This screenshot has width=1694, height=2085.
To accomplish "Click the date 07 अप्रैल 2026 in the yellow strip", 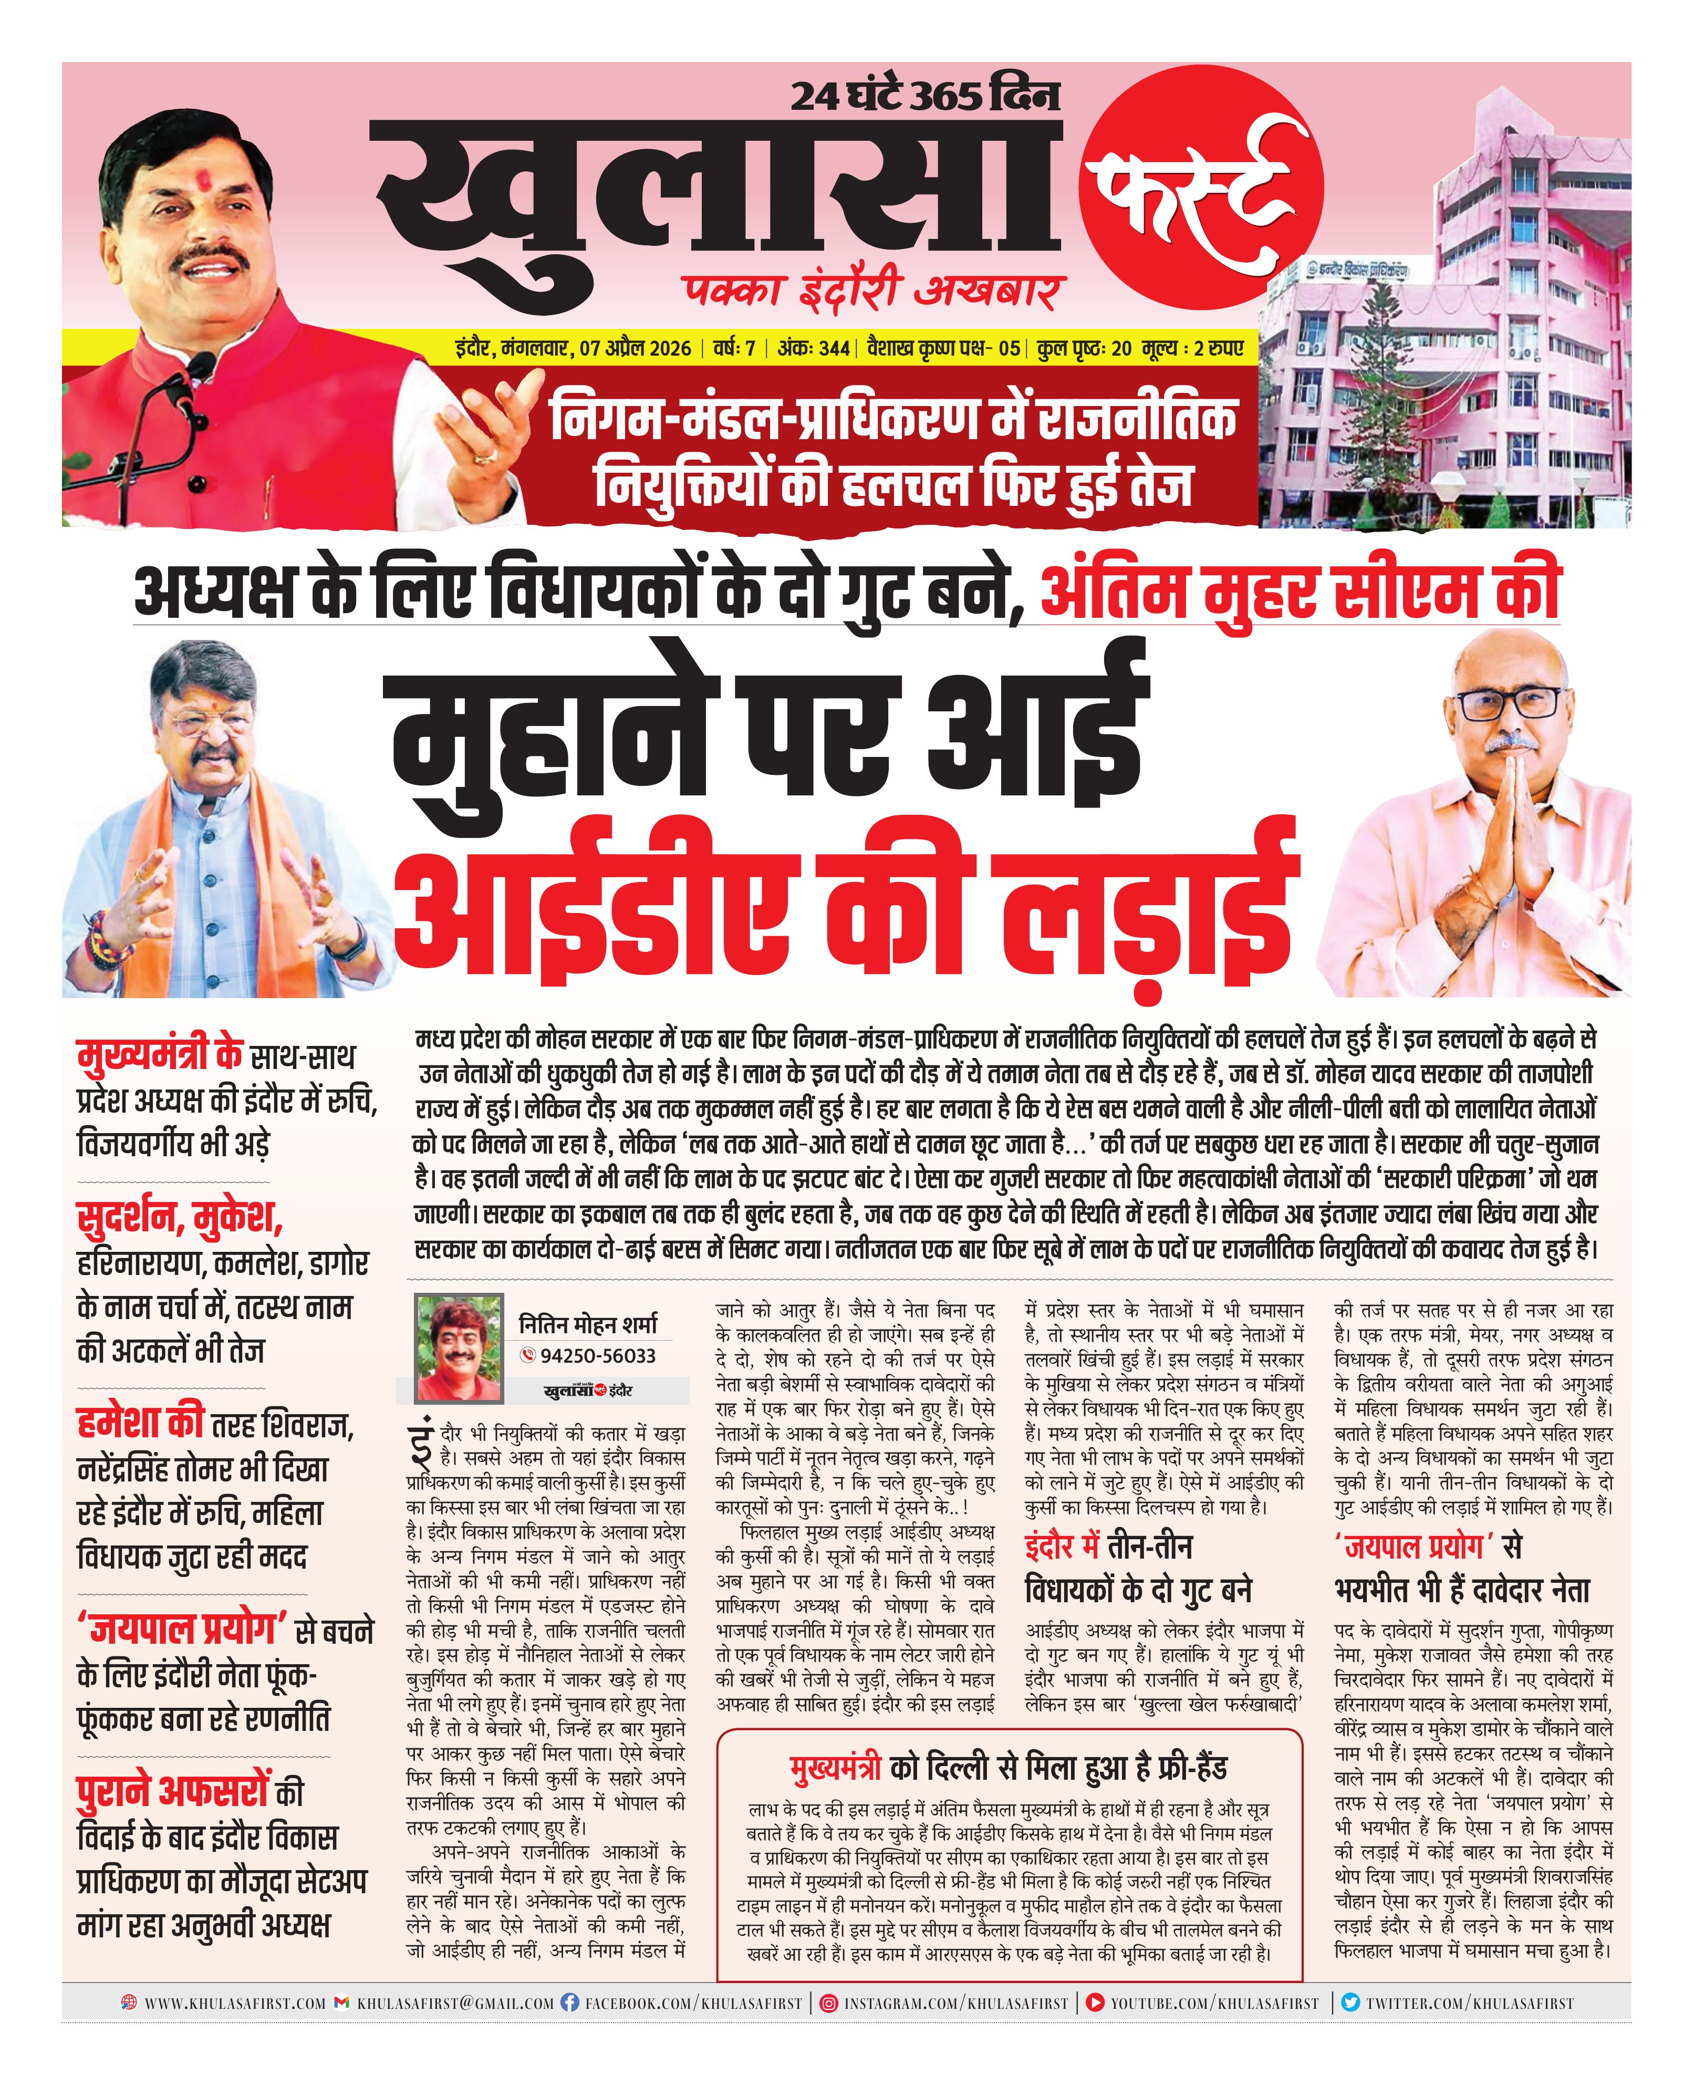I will tap(635, 348).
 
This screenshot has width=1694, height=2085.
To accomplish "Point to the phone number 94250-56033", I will tap(597, 1356).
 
